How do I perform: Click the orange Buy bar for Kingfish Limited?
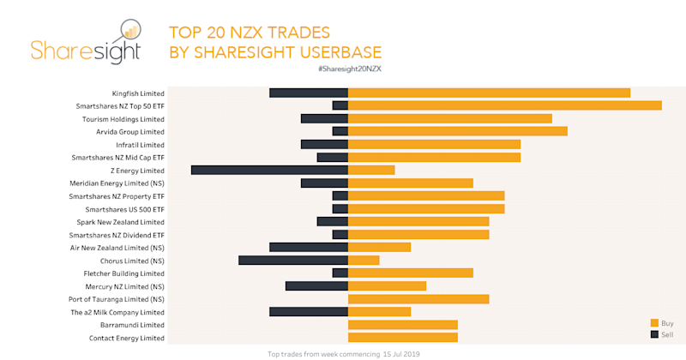tap(489, 93)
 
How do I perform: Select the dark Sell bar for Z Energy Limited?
tap(269, 170)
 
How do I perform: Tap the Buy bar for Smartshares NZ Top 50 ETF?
tap(504, 105)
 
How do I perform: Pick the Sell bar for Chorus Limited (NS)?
tap(292, 260)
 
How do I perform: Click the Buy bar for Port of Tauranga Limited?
tap(418, 299)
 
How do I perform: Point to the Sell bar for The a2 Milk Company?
tap(308, 312)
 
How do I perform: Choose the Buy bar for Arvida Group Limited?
tap(457, 131)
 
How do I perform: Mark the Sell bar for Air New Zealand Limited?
tap(308, 247)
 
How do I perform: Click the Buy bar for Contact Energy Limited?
tap(402, 338)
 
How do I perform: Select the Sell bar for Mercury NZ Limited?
tap(316, 285)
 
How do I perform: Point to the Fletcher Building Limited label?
tap(121, 273)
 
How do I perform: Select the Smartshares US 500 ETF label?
tap(124, 209)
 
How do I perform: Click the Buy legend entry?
tap(661, 322)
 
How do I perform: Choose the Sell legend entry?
tap(661, 333)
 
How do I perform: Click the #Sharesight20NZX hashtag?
tap(349, 68)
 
